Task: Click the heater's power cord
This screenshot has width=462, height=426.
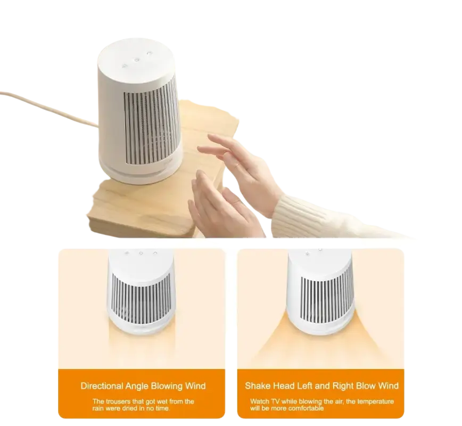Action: click(48, 107)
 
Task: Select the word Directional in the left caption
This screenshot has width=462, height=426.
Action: click(102, 386)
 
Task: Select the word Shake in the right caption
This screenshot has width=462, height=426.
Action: click(256, 386)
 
